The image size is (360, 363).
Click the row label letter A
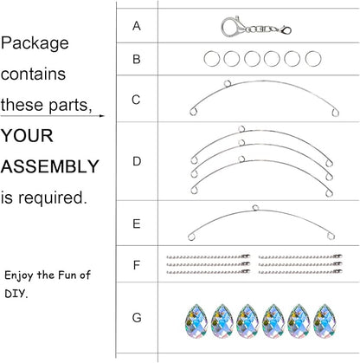[x=137, y=26]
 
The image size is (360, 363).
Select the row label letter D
[x=137, y=161]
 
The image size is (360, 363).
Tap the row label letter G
[x=137, y=318]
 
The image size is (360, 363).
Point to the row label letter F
[x=137, y=265]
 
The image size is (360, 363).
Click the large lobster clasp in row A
[x=233, y=27]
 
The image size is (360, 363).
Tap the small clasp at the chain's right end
[x=286, y=30]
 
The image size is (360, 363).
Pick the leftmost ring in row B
[x=212, y=59]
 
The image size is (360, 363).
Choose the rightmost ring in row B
[x=313, y=59]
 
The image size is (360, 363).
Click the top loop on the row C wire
[x=228, y=83]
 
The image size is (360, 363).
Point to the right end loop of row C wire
[x=335, y=113]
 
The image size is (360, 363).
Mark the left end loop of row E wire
[x=191, y=237]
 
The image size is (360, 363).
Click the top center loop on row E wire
[x=255, y=208]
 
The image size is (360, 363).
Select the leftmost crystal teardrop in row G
[x=196, y=321]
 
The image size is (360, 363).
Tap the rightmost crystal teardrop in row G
[x=325, y=321]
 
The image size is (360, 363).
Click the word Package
[x=35, y=43]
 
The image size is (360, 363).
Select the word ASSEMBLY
[x=50, y=166]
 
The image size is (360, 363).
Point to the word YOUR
[x=27, y=135]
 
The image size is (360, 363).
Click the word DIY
[x=16, y=294]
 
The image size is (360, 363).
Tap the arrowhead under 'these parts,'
[x=101, y=116]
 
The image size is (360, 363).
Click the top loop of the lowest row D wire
[x=241, y=159]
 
